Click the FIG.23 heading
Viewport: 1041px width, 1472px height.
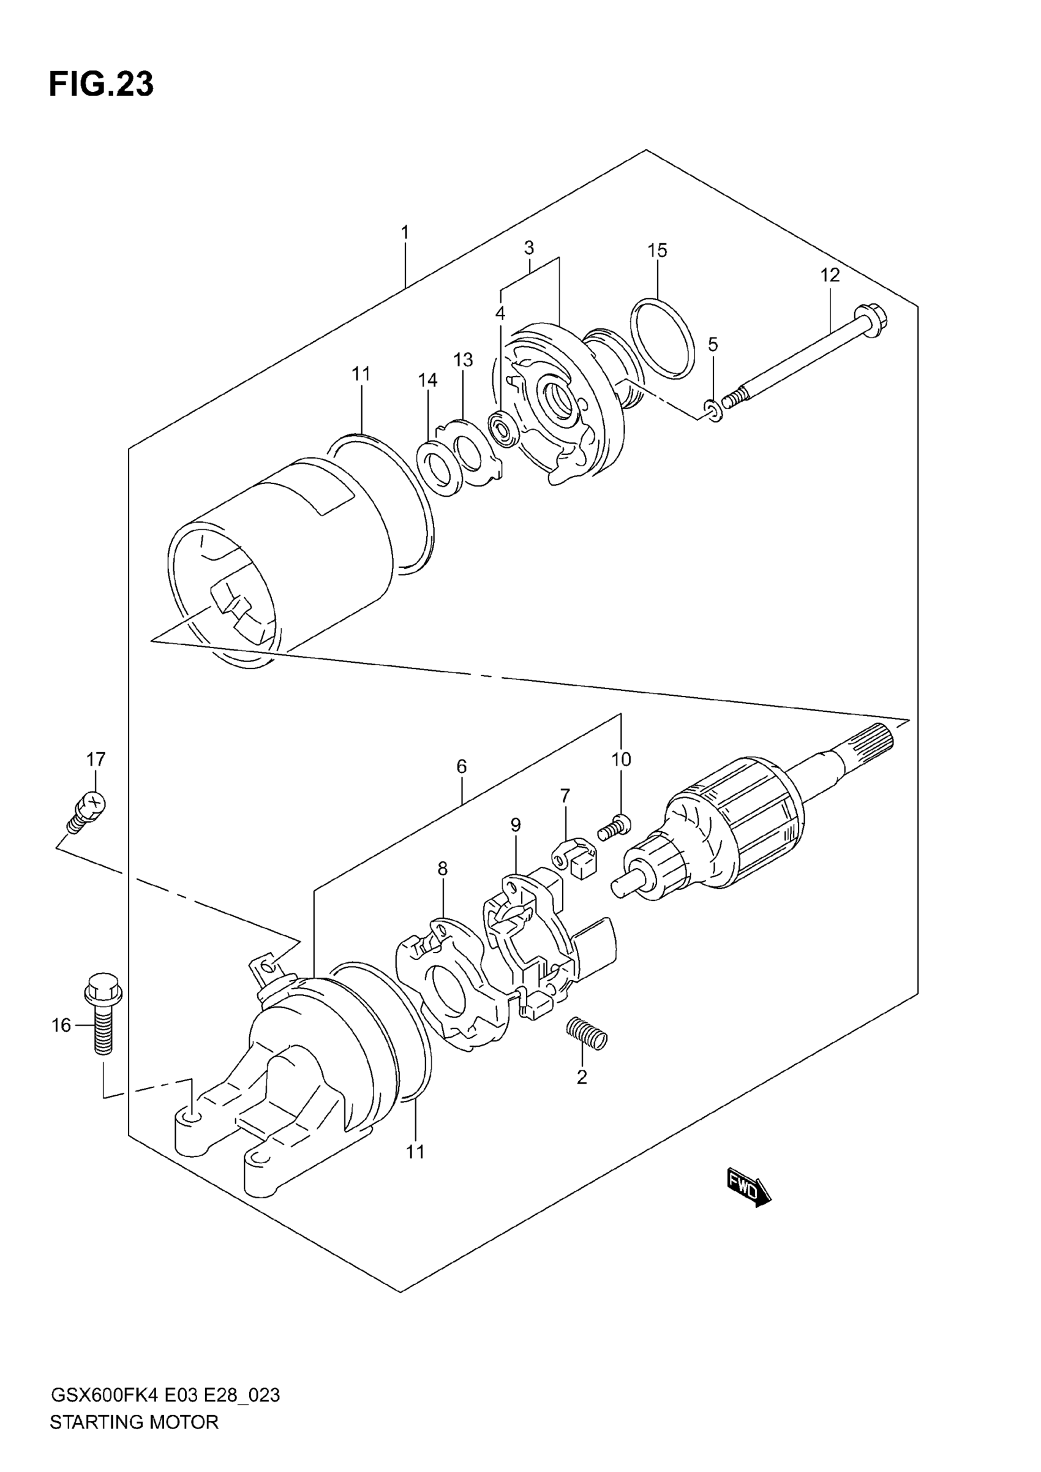click(x=101, y=84)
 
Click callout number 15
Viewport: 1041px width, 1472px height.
click(x=657, y=251)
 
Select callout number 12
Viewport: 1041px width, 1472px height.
click(x=830, y=275)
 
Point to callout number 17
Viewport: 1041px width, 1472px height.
click(x=96, y=760)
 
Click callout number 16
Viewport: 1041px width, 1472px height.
click(x=61, y=1026)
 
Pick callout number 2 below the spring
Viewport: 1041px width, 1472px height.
click(x=581, y=1077)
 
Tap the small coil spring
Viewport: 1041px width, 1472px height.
click(x=587, y=1033)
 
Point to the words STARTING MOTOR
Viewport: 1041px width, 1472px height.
click(x=134, y=1422)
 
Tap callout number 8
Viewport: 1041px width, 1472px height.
click(x=442, y=869)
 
